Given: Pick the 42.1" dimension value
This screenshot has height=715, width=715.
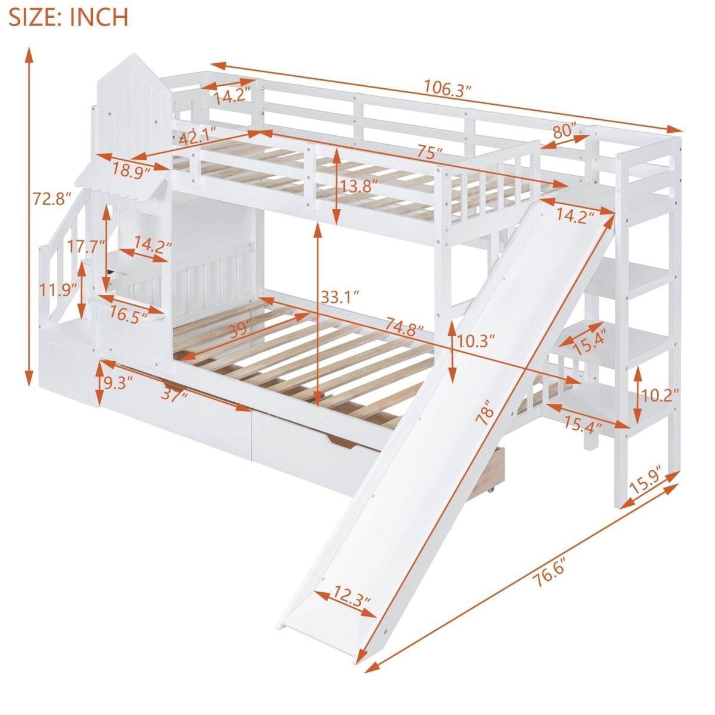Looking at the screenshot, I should (x=197, y=138).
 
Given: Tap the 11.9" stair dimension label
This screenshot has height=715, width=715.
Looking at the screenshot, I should (x=58, y=290).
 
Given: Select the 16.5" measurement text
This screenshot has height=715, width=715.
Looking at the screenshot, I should (x=129, y=316).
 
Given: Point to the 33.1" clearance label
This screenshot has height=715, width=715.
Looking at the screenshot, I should (x=339, y=294).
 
